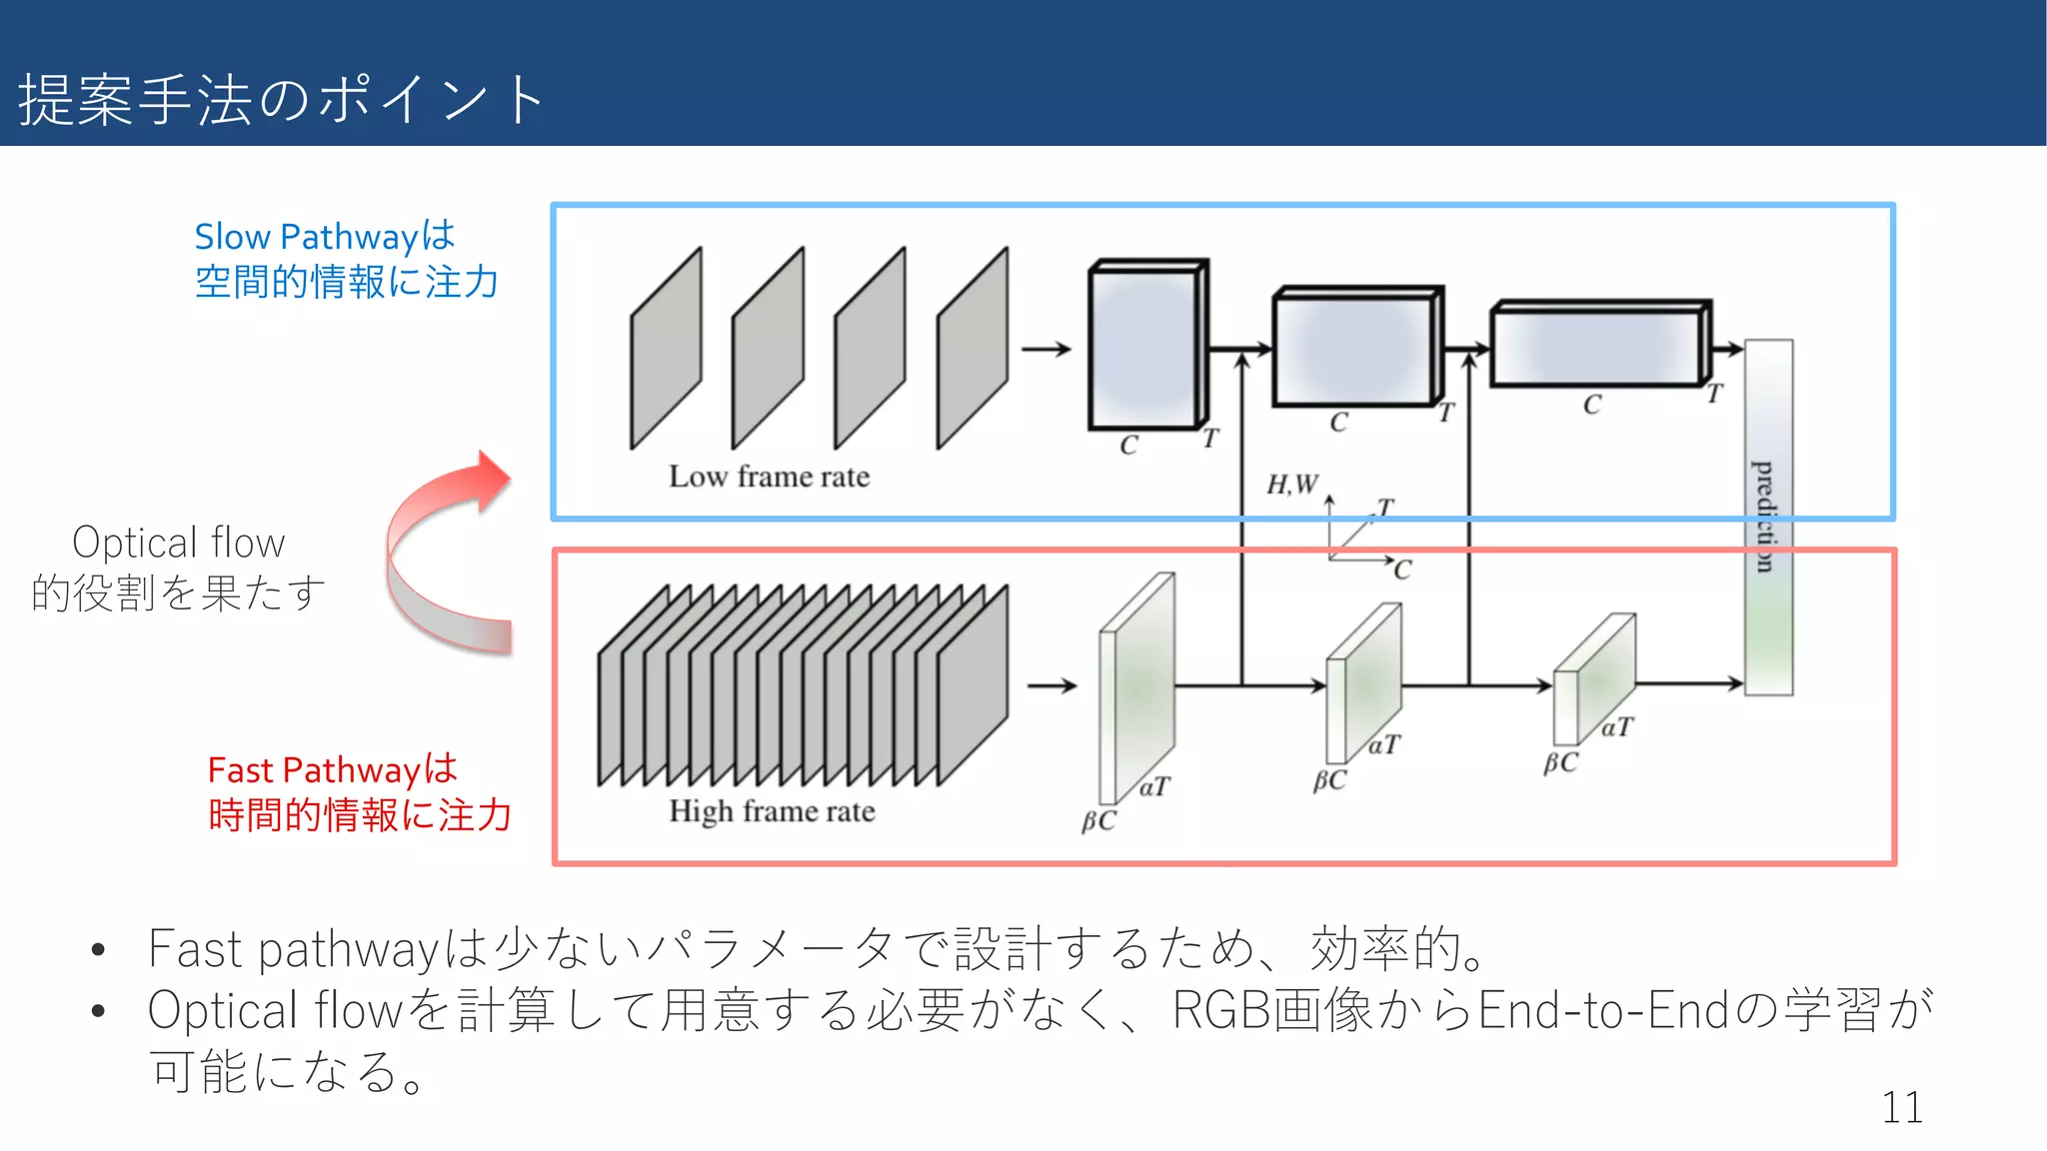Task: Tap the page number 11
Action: (1901, 1107)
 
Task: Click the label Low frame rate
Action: (769, 477)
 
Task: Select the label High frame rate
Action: (772, 810)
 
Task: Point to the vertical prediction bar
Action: (1768, 517)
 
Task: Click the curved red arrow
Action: (440, 560)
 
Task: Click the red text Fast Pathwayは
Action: (332, 769)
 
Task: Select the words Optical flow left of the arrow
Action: (179, 543)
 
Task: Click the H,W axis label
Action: (1291, 485)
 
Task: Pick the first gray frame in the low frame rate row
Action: (666, 348)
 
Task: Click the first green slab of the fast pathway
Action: (1135, 687)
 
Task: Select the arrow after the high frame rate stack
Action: (1051, 686)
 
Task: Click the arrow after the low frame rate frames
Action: (1045, 349)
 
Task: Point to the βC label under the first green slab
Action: (1097, 821)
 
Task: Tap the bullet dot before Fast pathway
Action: (98, 949)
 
